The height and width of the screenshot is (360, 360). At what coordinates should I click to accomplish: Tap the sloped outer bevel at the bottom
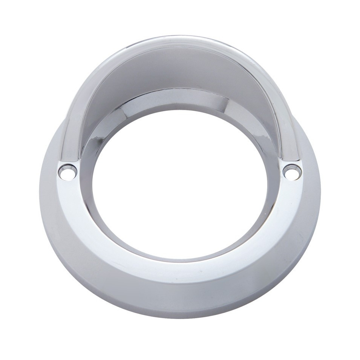pyautogui.click(x=179, y=302)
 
